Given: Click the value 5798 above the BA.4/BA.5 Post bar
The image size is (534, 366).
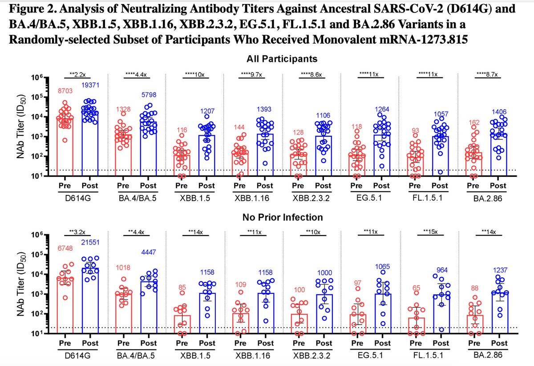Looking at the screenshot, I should click(148, 95).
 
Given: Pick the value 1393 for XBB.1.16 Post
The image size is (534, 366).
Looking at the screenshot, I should click(265, 110).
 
